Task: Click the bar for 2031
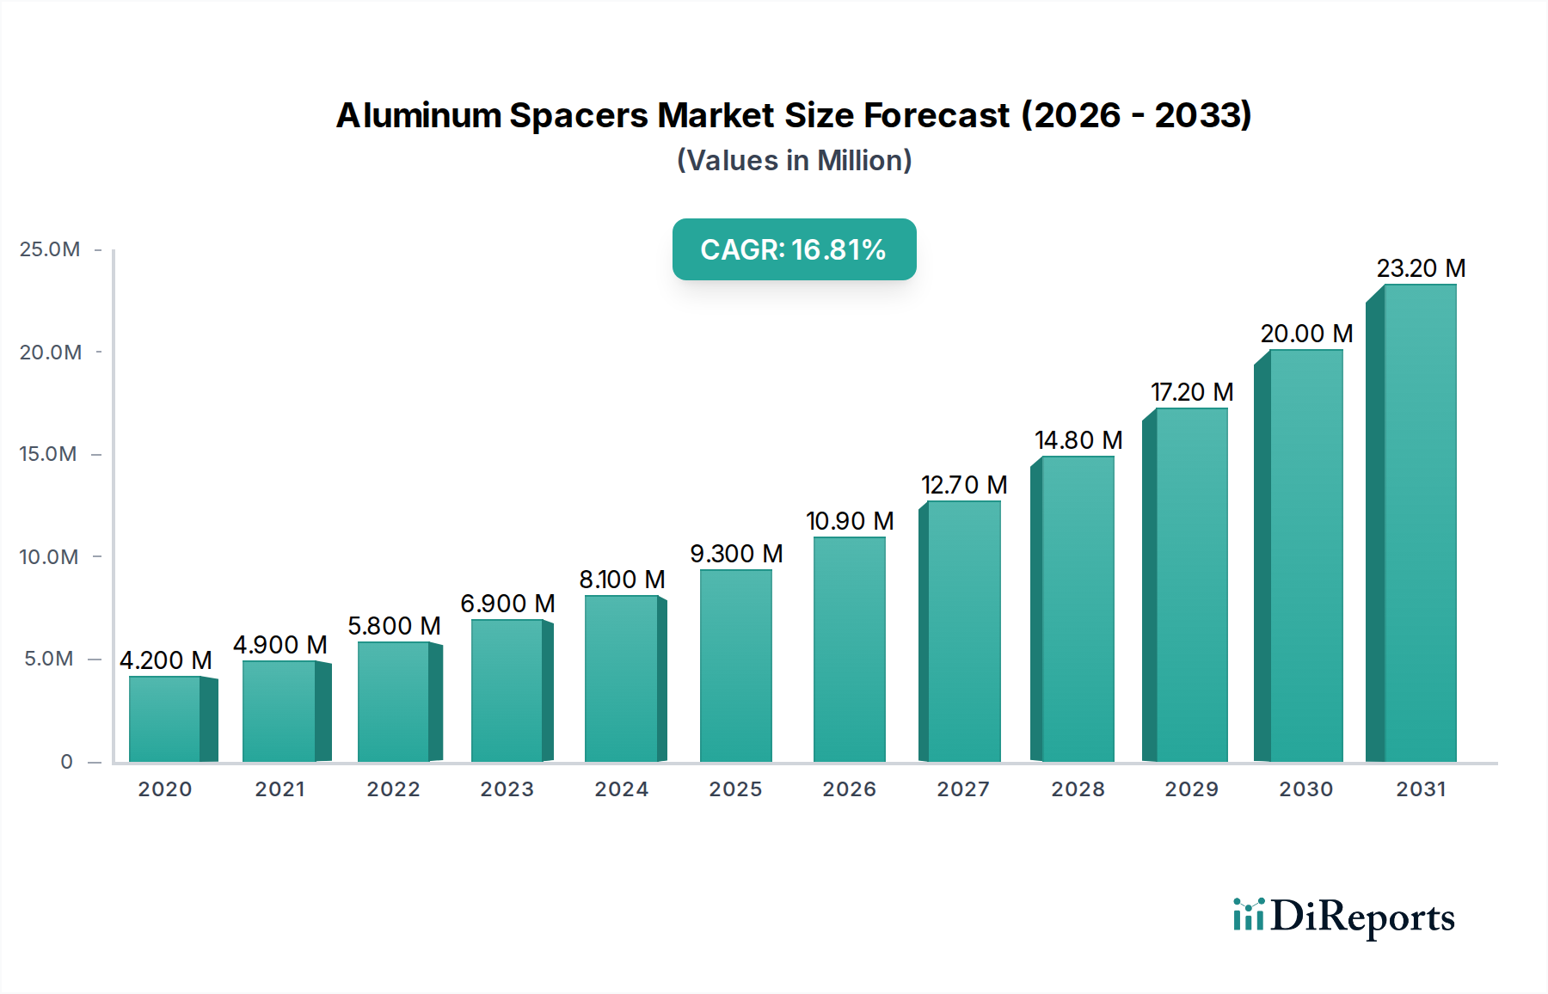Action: click(1419, 525)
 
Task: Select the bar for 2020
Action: click(165, 720)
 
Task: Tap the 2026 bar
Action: click(850, 650)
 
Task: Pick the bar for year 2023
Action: click(507, 691)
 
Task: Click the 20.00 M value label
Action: click(1306, 334)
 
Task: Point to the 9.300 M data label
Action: click(736, 554)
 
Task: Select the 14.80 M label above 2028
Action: click(1078, 440)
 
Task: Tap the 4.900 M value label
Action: click(280, 645)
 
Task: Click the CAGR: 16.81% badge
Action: click(794, 249)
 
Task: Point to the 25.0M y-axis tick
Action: click(50, 249)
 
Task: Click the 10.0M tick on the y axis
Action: click(49, 557)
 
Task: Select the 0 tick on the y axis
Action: click(66, 762)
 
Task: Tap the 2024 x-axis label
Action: click(622, 789)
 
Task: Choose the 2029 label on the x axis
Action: click(1192, 789)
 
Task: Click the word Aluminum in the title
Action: click(419, 115)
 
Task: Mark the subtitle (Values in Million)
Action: click(794, 161)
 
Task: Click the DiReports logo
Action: click(1343, 917)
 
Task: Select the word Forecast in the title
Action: click(937, 115)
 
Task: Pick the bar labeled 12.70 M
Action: click(963, 632)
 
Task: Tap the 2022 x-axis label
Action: click(394, 789)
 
